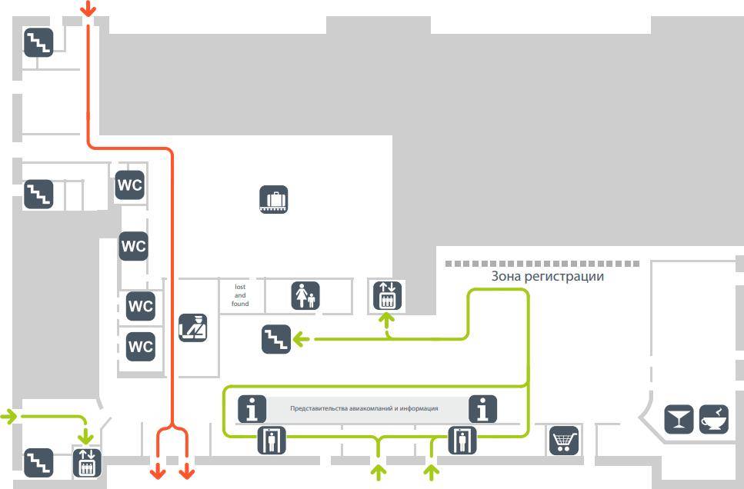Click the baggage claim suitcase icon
(273, 200)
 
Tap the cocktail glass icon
(679, 420)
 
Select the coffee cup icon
(714, 420)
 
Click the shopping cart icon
(564, 441)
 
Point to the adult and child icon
(305, 296)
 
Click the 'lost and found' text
(240, 295)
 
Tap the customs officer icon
(192, 328)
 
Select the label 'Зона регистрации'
(547, 276)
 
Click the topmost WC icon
(129, 185)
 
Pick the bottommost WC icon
(141, 346)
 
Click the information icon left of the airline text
(252, 409)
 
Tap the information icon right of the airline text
(482, 409)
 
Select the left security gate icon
(271, 441)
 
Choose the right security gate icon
(462, 441)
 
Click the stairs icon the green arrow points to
(276, 339)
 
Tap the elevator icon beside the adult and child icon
(387, 295)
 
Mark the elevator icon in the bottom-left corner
(87, 463)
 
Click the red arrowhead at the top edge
(88, 10)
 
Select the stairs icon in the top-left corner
(38, 42)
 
